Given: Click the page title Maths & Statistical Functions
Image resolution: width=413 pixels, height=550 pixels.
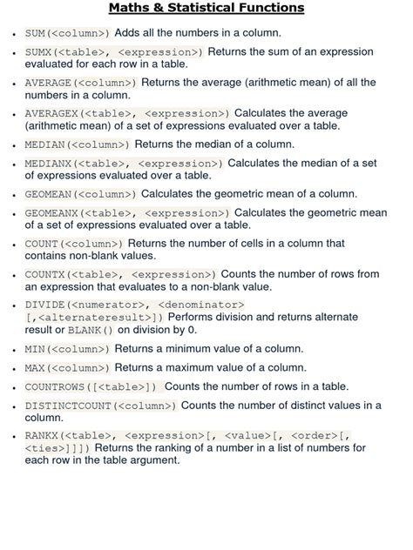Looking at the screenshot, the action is [206, 9].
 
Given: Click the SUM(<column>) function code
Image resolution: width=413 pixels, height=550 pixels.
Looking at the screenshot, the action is [68, 33].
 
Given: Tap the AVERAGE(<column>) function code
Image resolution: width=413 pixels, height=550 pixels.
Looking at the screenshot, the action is [80, 83].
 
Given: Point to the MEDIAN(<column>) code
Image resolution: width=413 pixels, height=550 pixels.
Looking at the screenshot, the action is [77, 144].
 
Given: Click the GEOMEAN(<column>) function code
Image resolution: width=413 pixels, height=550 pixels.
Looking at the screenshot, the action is [80, 194].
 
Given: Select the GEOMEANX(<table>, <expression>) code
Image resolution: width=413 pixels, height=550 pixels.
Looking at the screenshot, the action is [126, 213].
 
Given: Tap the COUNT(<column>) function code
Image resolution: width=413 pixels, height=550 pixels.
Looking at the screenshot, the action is [74, 244].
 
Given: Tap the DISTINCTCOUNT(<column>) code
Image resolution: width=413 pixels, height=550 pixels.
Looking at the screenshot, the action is [101, 406].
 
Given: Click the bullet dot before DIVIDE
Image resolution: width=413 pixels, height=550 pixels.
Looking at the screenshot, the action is [12, 306].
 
